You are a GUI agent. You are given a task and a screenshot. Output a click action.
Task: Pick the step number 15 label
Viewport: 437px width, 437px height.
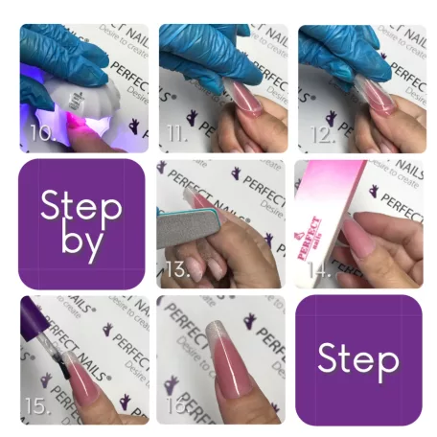37,405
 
